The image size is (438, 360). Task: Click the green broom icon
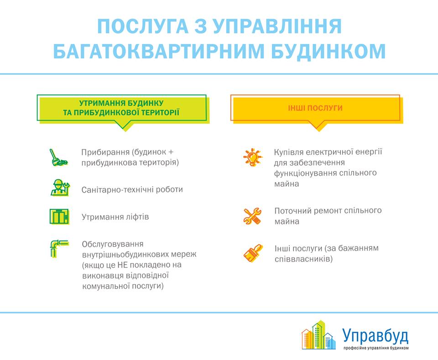tap(58, 157)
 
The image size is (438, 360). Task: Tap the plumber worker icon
tap(60, 188)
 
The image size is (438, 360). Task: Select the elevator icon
tap(59, 216)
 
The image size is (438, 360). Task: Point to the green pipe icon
tap(59, 248)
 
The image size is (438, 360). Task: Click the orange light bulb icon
tap(253, 157)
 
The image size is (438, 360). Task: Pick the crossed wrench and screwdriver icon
tap(252, 216)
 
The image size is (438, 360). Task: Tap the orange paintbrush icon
tap(253, 253)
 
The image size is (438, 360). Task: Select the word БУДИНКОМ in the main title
tap(328, 51)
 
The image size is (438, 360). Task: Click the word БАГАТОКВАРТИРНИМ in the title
tap(159, 51)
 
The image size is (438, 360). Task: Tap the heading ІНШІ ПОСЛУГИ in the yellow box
tap(315, 108)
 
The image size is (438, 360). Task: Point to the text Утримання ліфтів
tap(115, 217)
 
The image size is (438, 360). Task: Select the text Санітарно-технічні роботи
tap(132, 190)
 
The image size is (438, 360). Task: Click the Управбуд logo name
tap(375, 336)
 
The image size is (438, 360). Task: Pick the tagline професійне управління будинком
tap(375, 348)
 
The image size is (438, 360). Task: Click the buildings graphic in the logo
tap(319, 335)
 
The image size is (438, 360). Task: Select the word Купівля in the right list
tap(289, 152)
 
